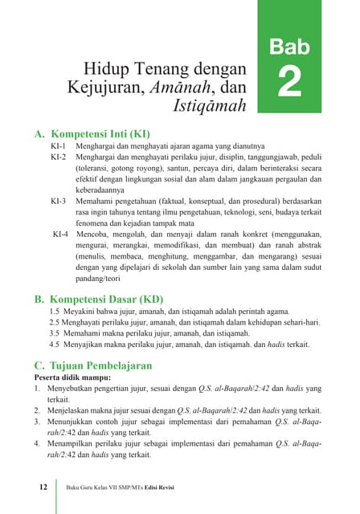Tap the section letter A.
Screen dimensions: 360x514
click(x=39, y=133)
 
